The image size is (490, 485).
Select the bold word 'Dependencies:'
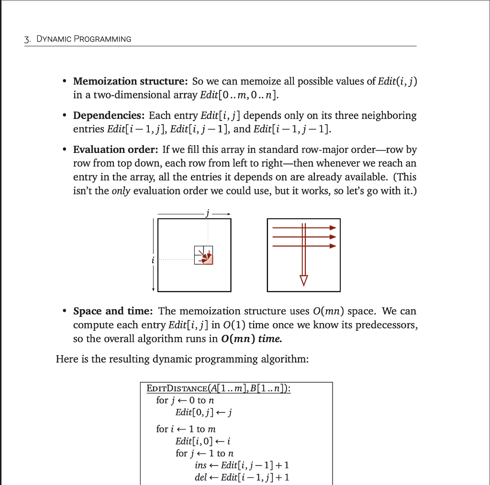tap(109, 116)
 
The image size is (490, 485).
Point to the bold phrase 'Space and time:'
tap(113, 311)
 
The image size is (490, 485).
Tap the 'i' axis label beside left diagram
tap(153, 260)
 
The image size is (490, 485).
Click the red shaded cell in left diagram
tap(208, 259)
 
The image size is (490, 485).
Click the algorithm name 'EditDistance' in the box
tap(175, 388)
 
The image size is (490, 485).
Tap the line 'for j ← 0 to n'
tap(186, 400)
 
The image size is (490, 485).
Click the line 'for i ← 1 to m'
tap(186, 429)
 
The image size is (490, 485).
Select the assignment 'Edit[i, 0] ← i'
tap(203, 441)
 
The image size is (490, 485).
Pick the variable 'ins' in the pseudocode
tap(201, 465)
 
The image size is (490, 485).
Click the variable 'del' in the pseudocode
tap(201, 477)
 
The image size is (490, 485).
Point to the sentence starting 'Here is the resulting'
tap(182, 359)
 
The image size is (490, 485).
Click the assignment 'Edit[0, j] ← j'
tap(204, 412)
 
